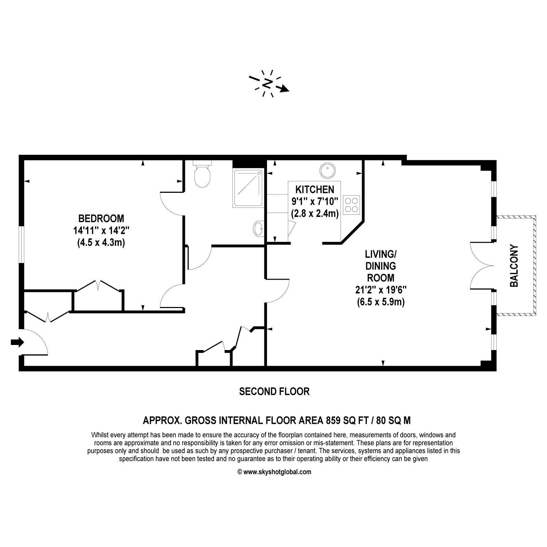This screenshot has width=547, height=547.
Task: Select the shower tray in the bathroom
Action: coord(248,188)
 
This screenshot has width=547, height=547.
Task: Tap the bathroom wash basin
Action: coord(258,228)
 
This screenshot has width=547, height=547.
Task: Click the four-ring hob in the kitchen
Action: coord(351,204)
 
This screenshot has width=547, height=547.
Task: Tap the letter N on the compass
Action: coord(268,83)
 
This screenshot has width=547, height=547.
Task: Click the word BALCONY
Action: coord(514,266)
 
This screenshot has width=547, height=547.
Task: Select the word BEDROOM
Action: coord(101,218)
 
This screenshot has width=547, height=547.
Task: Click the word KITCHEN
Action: coord(315,189)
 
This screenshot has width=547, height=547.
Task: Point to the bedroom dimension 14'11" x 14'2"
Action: coord(101,230)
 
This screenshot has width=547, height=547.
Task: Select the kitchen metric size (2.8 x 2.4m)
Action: coord(315,214)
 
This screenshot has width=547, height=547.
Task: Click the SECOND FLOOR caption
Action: coord(275,391)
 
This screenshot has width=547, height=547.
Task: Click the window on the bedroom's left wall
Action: coord(21,244)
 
